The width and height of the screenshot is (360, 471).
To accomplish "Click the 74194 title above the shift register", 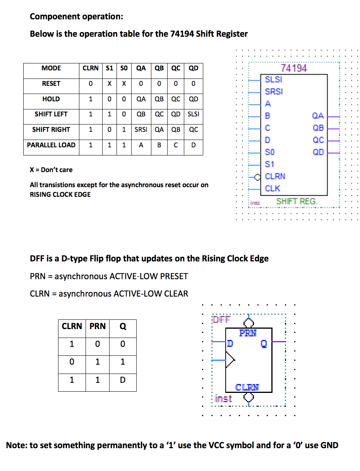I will (x=294, y=68).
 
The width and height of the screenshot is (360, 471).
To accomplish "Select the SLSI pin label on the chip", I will (x=273, y=80).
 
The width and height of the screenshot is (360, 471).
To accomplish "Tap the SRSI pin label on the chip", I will (x=274, y=92).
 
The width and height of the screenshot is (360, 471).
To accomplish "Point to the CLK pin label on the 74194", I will (x=273, y=188).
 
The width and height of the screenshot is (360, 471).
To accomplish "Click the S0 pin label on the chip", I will (x=270, y=152).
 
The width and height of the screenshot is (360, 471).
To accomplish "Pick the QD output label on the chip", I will (x=318, y=152).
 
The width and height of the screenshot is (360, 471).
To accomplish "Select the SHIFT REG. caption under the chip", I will (x=297, y=201).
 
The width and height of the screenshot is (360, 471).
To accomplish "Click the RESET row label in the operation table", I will (x=51, y=84).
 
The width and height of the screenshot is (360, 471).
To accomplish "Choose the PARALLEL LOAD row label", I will (x=51, y=145).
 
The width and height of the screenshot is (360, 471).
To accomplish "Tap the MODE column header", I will (x=51, y=68).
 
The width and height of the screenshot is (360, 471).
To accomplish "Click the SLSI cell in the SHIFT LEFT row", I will (x=193, y=114).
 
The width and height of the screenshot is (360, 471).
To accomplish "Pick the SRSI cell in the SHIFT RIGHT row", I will (x=141, y=130).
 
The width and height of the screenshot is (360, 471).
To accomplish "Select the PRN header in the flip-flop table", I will (x=98, y=326).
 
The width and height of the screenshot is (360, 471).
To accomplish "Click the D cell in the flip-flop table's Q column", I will (x=122, y=380).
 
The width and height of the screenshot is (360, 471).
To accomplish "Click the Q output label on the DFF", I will (x=264, y=343).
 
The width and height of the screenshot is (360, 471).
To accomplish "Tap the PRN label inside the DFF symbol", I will (x=248, y=333).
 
